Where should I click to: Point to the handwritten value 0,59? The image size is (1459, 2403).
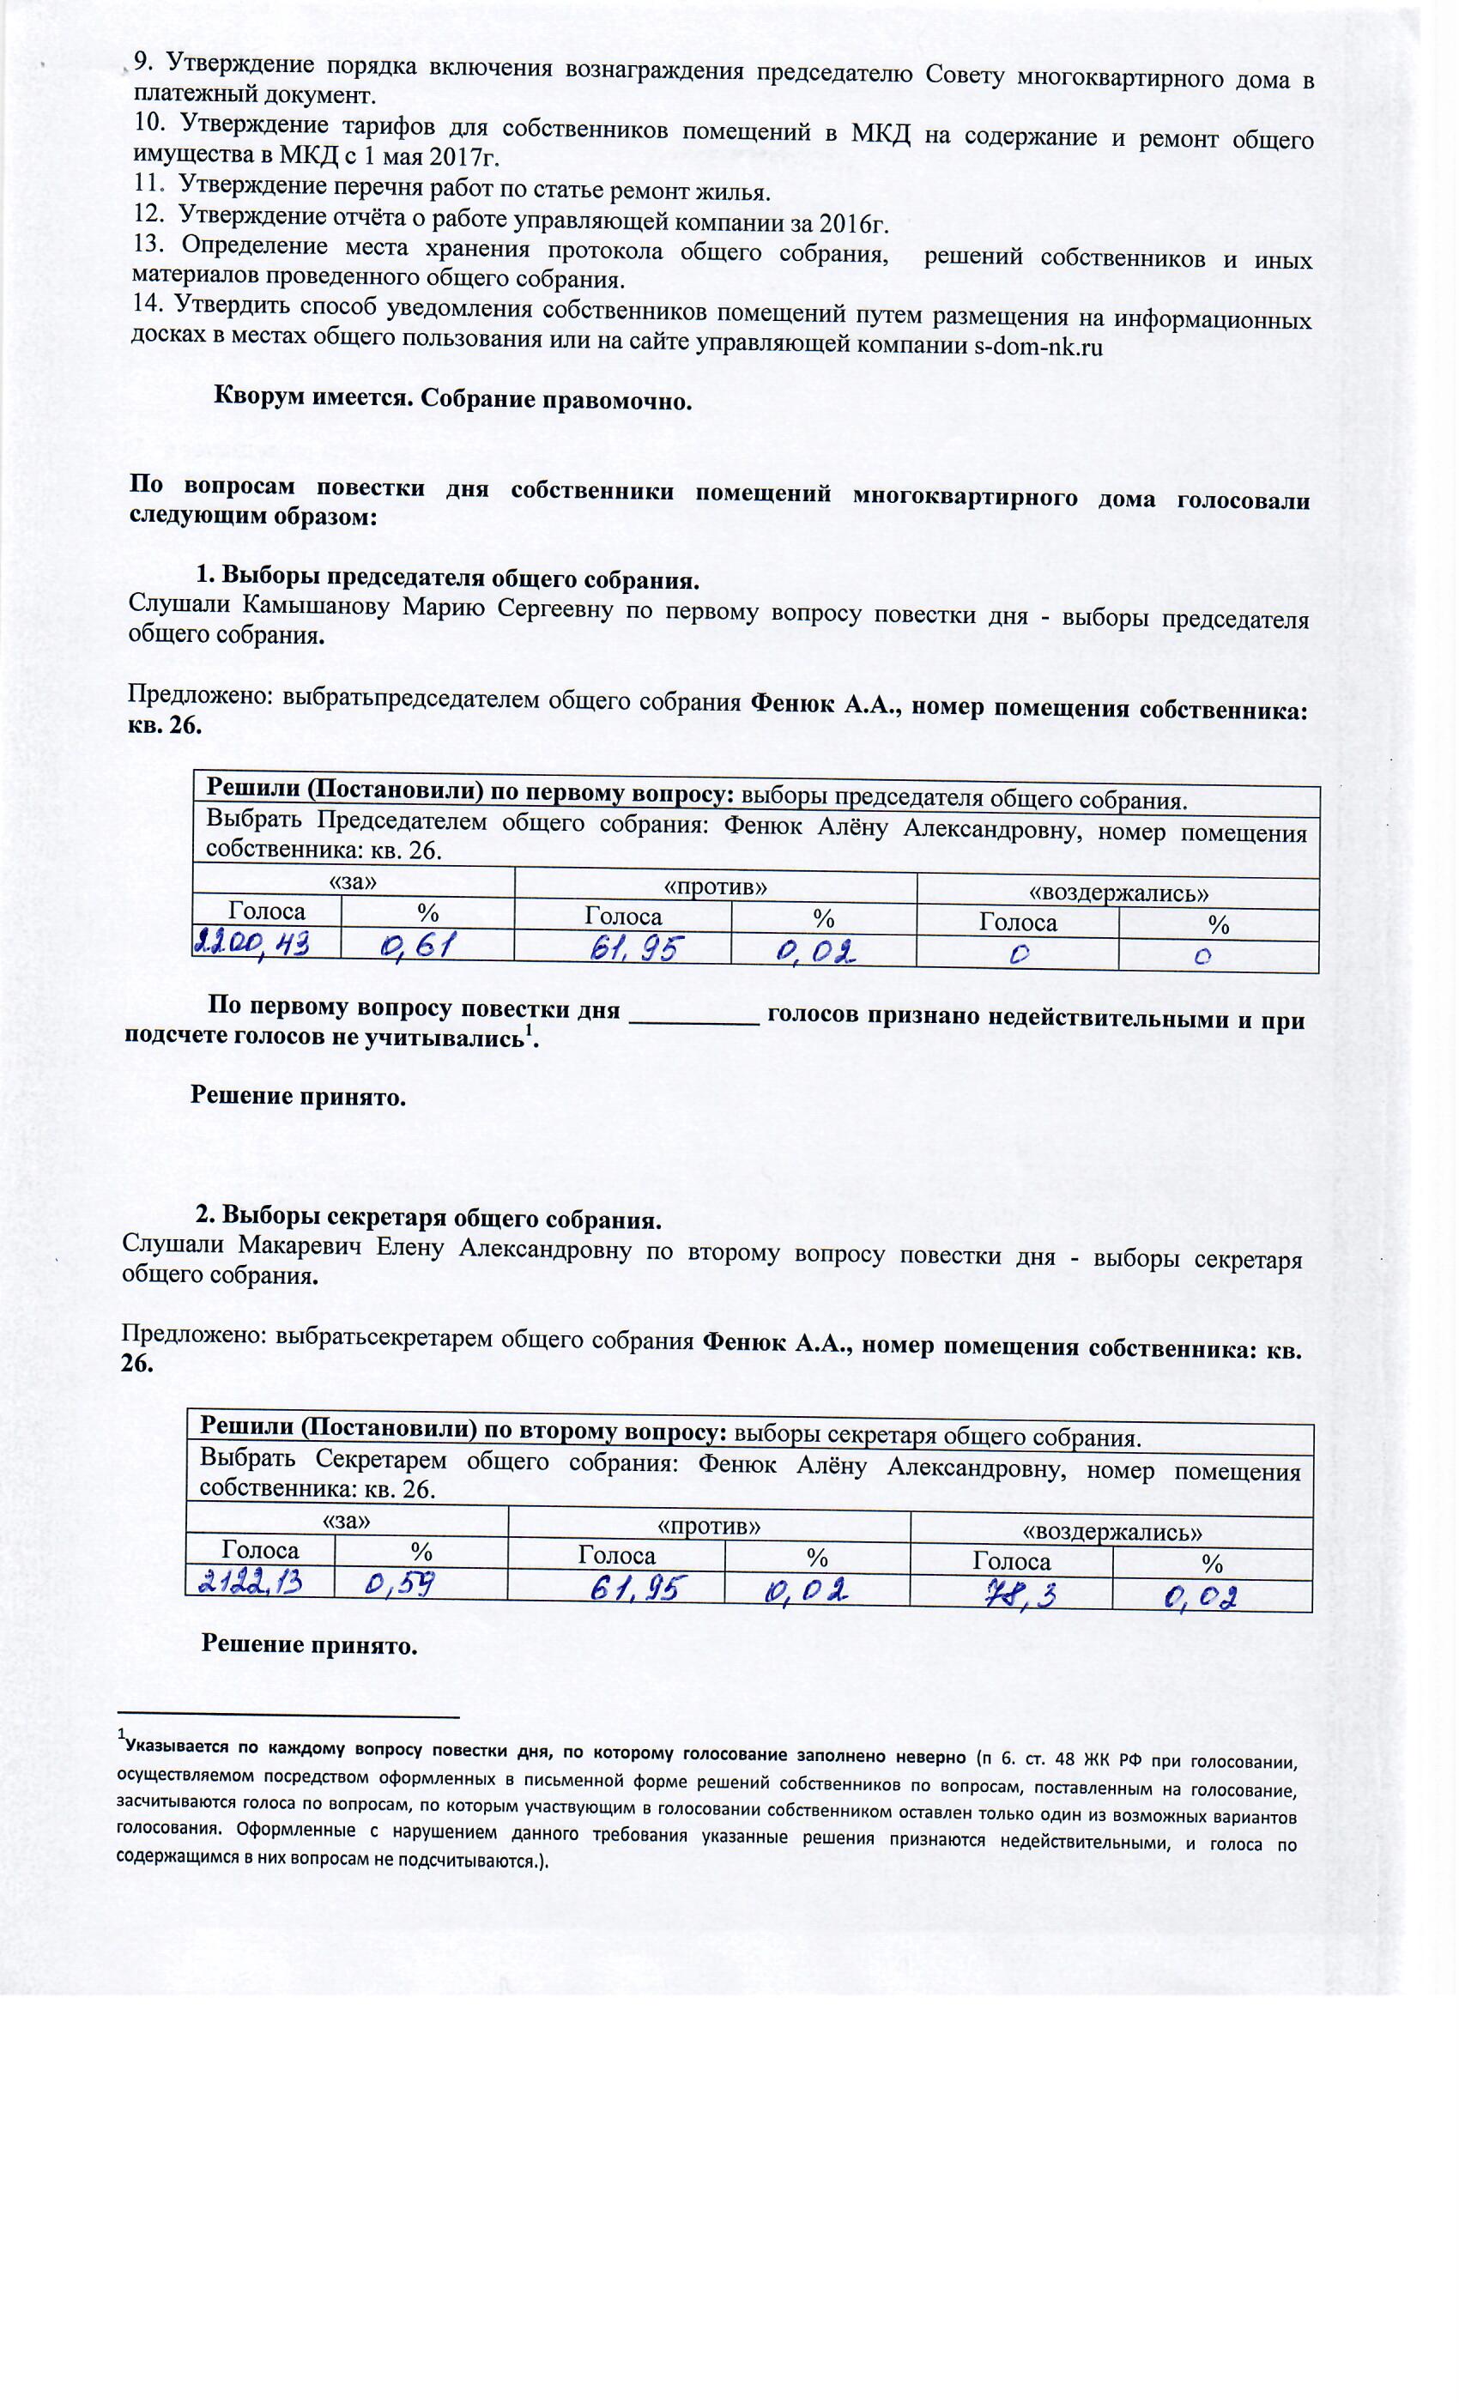[x=400, y=1585]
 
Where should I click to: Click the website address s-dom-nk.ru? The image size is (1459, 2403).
[x=1038, y=346]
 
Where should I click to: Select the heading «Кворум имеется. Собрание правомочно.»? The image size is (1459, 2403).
[x=452, y=399]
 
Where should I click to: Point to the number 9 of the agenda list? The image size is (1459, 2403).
[x=142, y=63]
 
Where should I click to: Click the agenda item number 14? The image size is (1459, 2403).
[x=148, y=303]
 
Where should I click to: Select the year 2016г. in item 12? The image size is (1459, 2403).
[x=853, y=223]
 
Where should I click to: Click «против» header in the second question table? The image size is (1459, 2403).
[x=709, y=1524]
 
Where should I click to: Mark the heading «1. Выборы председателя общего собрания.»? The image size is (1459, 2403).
[x=448, y=578]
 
